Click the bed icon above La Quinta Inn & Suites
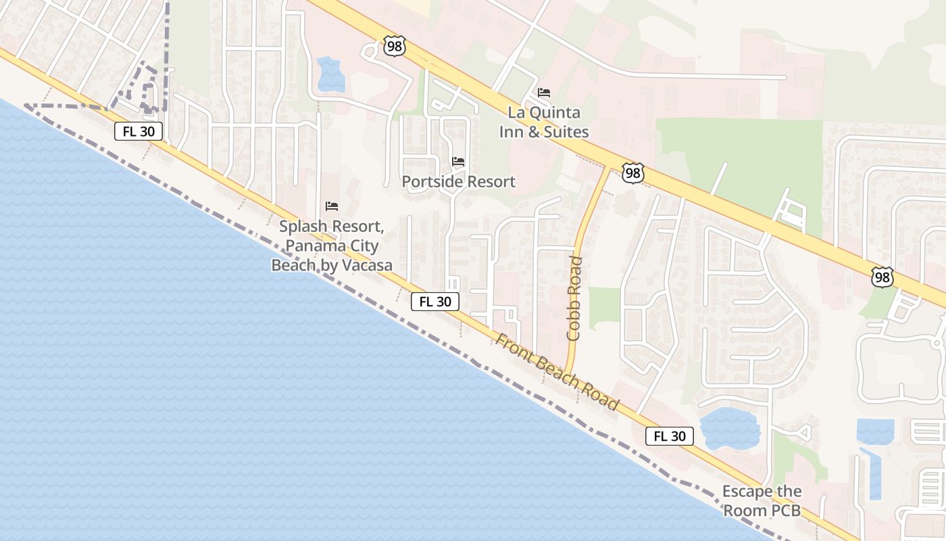tap(544, 93)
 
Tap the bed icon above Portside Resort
tap(458, 162)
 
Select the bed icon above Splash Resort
tap(332, 206)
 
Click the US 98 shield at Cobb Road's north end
tap(632, 173)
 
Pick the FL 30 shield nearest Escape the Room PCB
tap(669, 436)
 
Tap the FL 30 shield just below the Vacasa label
tap(435, 302)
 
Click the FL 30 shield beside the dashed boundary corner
tap(139, 131)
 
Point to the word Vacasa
tap(366, 265)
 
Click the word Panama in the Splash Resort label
tap(313, 246)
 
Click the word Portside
tap(430, 182)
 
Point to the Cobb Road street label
tap(575, 298)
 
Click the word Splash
tap(301, 227)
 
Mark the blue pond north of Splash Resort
tap(330, 74)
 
